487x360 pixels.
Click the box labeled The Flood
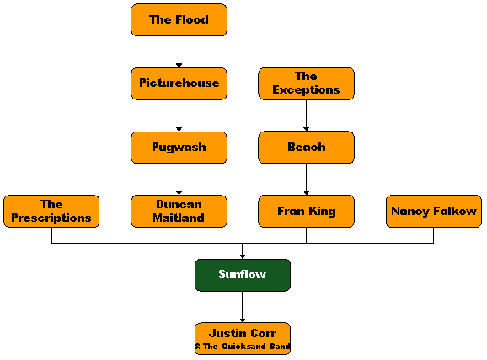point(179,20)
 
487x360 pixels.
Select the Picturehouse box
point(179,83)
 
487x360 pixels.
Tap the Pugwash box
point(179,148)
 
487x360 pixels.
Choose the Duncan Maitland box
point(179,211)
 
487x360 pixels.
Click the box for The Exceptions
point(306,83)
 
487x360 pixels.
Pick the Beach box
point(306,148)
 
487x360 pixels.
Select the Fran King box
point(306,211)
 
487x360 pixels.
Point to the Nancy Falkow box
point(434,211)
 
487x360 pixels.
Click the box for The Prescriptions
point(51,211)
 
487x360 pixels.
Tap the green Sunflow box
point(243,275)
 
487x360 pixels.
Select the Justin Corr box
point(243,339)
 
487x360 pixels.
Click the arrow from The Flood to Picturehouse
point(179,51)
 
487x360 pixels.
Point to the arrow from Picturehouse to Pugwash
point(179,116)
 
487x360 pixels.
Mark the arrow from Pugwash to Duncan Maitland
point(179,180)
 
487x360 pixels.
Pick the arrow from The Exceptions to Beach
point(306,116)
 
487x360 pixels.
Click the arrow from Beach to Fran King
point(306,180)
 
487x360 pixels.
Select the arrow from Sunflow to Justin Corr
point(243,307)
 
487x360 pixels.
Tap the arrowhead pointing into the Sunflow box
point(243,257)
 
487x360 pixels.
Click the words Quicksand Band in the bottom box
point(256,347)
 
